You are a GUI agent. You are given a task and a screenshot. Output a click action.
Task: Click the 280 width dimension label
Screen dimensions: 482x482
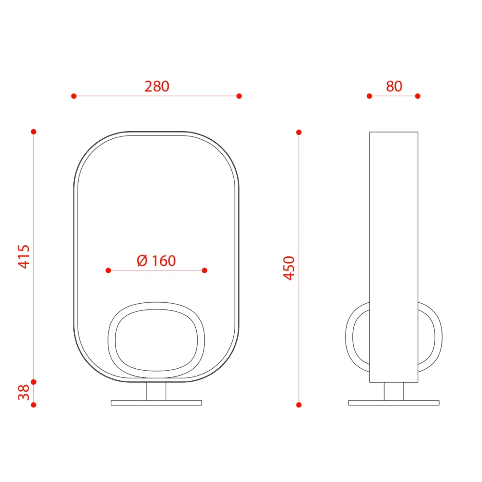(x=157, y=86)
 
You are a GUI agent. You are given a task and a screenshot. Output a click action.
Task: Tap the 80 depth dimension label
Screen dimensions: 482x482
(x=394, y=86)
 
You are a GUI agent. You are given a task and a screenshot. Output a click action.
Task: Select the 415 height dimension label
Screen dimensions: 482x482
(x=24, y=257)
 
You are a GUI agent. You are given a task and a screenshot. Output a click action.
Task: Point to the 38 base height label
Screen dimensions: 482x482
(x=24, y=392)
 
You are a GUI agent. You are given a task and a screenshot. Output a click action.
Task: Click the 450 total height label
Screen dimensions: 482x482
(x=289, y=268)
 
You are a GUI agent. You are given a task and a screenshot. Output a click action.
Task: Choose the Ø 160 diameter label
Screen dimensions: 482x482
(x=156, y=261)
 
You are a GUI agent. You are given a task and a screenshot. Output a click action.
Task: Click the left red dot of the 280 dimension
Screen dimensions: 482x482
(x=74, y=96)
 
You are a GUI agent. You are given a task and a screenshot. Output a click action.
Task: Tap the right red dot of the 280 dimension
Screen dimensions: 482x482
(x=239, y=96)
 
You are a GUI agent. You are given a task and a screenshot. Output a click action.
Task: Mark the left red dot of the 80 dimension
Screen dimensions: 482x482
(x=370, y=96)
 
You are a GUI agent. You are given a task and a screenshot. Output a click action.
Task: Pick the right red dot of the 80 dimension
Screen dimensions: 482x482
(x=417, y=96)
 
